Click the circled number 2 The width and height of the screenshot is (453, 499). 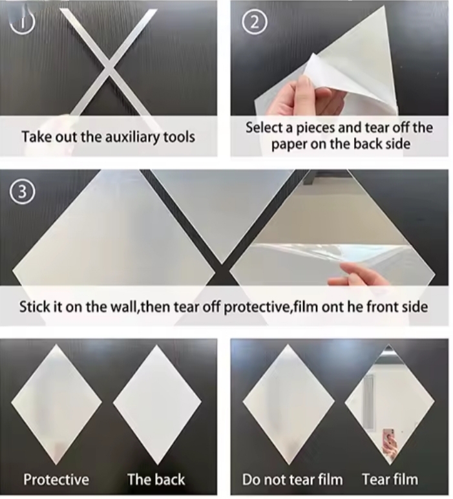tap(255, 23)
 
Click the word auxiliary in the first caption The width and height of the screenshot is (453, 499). tap(132, 137)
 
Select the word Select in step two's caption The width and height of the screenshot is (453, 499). tap(264, 128)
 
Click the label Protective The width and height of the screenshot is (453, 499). tap(56, 479)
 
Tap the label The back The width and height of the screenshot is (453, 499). tap(156, 479)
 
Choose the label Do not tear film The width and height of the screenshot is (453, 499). tap(292, 479)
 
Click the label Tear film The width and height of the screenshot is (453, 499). tap(390, 479)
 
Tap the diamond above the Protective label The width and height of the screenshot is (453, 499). tap(57, 404)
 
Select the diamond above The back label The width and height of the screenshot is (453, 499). tap(157, 404)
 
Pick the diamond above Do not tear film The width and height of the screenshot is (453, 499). tap(288, 404)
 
